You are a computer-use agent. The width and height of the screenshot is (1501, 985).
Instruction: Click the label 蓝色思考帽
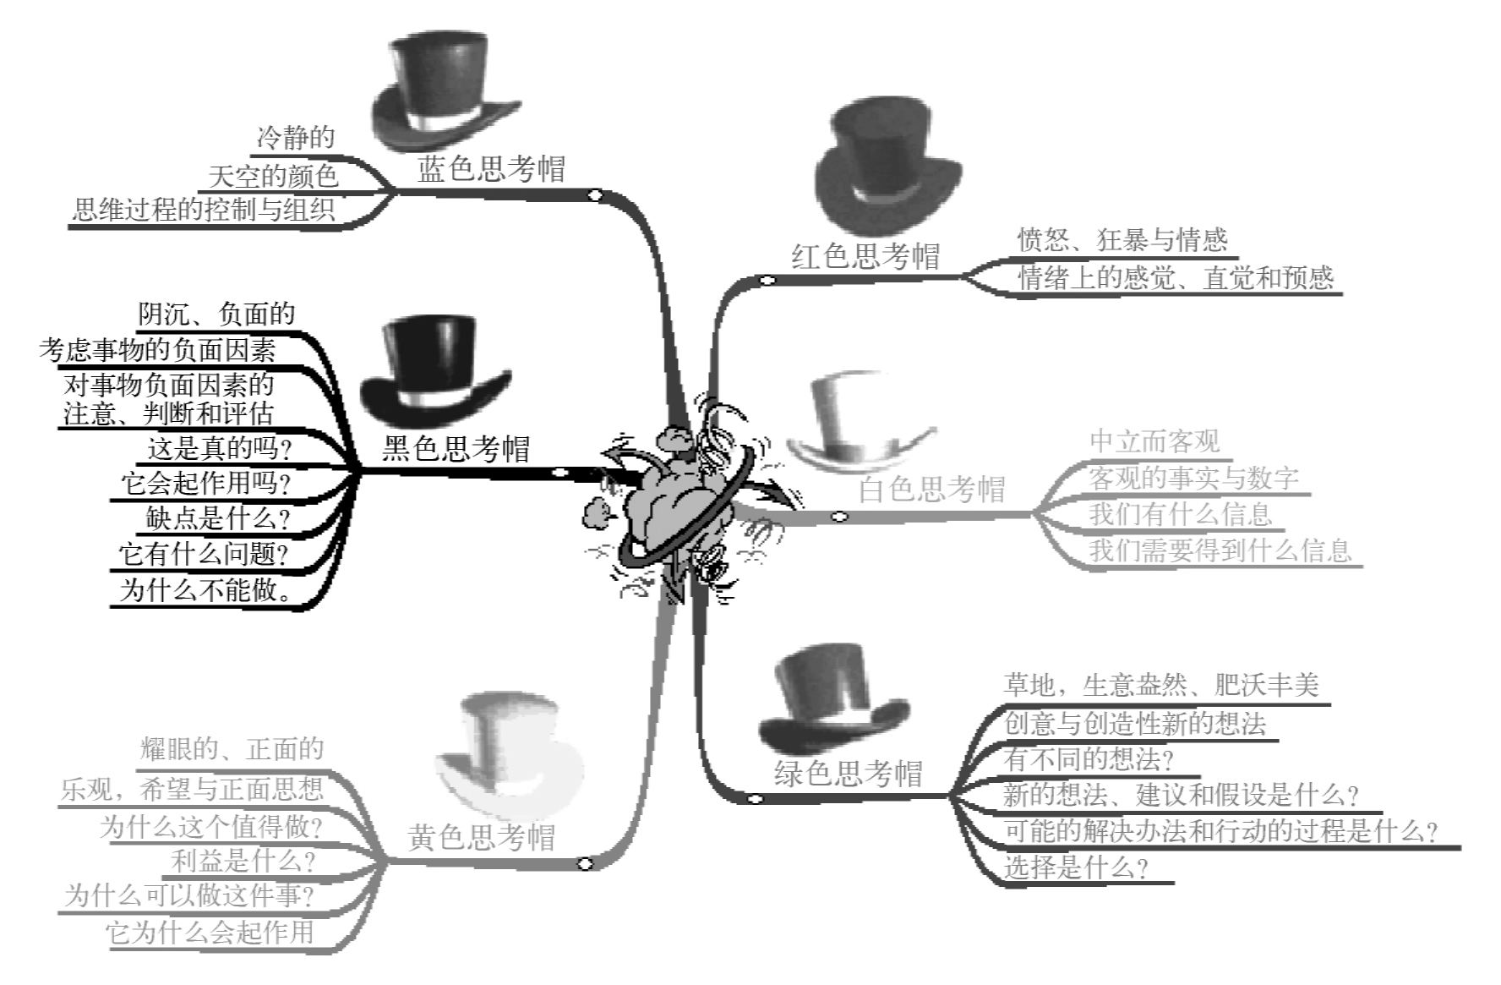(491, 169)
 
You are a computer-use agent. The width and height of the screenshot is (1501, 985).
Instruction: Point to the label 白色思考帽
(932, 489)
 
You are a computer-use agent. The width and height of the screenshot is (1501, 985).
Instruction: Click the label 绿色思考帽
(848, 773)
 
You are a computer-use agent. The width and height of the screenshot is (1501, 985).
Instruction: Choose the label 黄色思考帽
(482, 837)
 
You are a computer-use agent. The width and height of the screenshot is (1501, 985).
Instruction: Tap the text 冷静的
(296, 137)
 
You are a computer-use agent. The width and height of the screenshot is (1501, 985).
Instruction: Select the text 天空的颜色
(273, 176)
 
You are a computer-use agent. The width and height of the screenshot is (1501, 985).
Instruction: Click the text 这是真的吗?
(220, 448)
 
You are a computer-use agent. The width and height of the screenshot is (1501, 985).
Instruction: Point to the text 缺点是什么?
(218, 517)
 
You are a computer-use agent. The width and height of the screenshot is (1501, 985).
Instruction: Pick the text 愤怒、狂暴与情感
(1122, 240)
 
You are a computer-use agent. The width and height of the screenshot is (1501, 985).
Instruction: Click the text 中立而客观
(1154, 441)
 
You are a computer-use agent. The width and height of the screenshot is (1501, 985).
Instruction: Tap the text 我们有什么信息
(1181, 513)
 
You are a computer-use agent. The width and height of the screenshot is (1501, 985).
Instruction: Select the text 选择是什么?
(1076, 867)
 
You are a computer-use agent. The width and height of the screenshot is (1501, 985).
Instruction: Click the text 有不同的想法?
(1089, 758)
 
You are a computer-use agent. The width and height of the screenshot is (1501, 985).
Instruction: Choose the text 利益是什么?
(243, 861)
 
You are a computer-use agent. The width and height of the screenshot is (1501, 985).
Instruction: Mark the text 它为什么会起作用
(210, 932)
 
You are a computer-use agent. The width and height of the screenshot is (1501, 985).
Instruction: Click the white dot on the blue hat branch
(596, 195)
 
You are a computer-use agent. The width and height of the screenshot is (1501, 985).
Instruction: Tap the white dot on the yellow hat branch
(584, 863)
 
